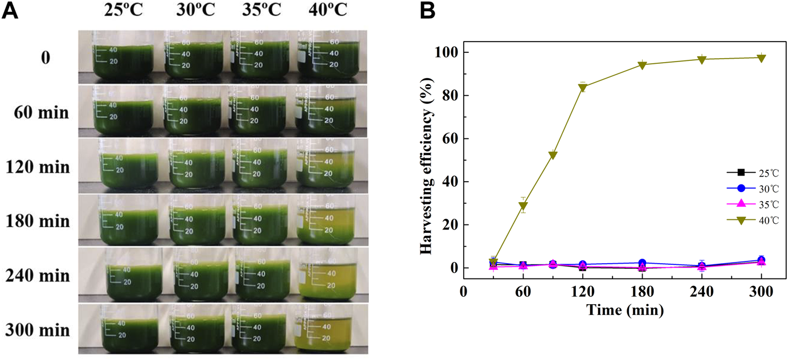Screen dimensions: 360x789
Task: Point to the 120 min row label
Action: tap(38, 167)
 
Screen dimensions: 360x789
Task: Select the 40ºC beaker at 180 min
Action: tap(326, 220)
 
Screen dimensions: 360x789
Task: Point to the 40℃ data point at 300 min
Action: tap(761, 58)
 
